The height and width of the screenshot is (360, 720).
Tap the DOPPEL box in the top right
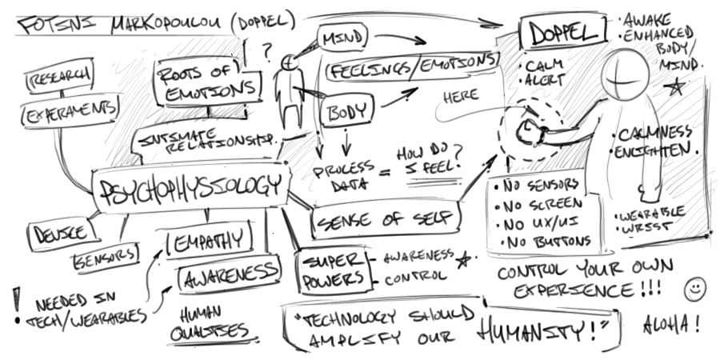click(561, 34)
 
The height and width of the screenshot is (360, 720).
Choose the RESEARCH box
click(58, 78)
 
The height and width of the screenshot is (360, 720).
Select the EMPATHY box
click(210, 237)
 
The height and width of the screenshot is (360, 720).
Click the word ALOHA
click(672, 326)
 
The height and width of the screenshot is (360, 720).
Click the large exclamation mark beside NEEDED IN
click(15, 300)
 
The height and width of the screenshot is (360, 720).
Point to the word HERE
click(461, 96)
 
